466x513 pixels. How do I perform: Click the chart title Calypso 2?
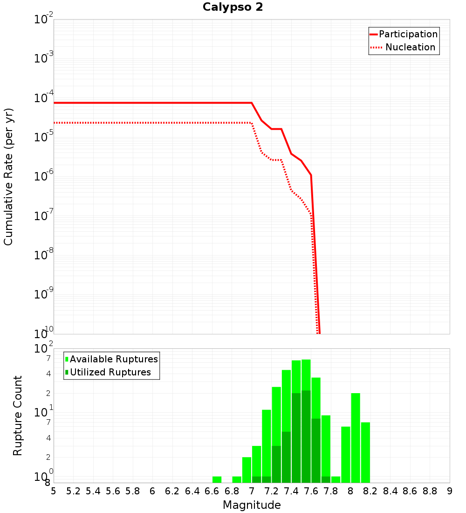click(233, 7)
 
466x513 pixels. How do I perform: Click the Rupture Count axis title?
click(18, 416)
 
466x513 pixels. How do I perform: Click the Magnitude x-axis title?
click(252, 505)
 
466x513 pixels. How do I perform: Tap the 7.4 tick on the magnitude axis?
click(291, 491)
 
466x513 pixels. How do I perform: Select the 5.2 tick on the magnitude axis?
click(74, 491)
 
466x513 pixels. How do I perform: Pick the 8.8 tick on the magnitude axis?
click(430, 491)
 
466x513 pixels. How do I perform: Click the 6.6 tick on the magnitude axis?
click(212, 491)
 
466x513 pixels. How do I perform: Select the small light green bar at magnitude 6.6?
click(217, 479)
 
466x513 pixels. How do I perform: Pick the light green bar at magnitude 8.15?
click(365, 452)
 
